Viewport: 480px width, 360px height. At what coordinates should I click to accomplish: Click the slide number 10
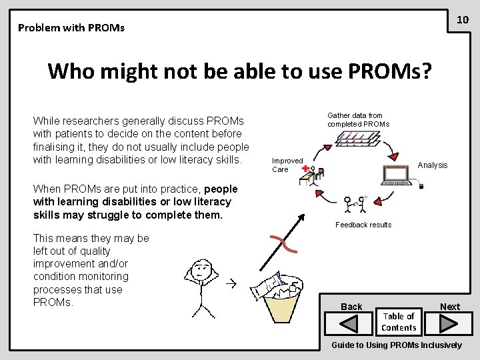tap(463, 20)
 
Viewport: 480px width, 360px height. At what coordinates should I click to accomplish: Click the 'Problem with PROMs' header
tap(71, 28)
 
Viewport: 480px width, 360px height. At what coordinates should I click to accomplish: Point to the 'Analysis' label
tap(433, 165)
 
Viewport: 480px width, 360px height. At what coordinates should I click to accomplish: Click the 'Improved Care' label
tap(287, 165)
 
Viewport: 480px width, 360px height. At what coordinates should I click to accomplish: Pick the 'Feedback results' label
tap(363, 225)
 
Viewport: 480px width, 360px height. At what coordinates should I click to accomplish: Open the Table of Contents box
tap(399, 322)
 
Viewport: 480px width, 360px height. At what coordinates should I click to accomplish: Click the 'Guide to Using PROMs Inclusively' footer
tap(397, 345)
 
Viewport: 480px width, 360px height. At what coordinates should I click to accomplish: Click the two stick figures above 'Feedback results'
tap(353, 203)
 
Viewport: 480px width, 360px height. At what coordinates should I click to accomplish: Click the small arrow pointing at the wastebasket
tap(231, 284)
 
